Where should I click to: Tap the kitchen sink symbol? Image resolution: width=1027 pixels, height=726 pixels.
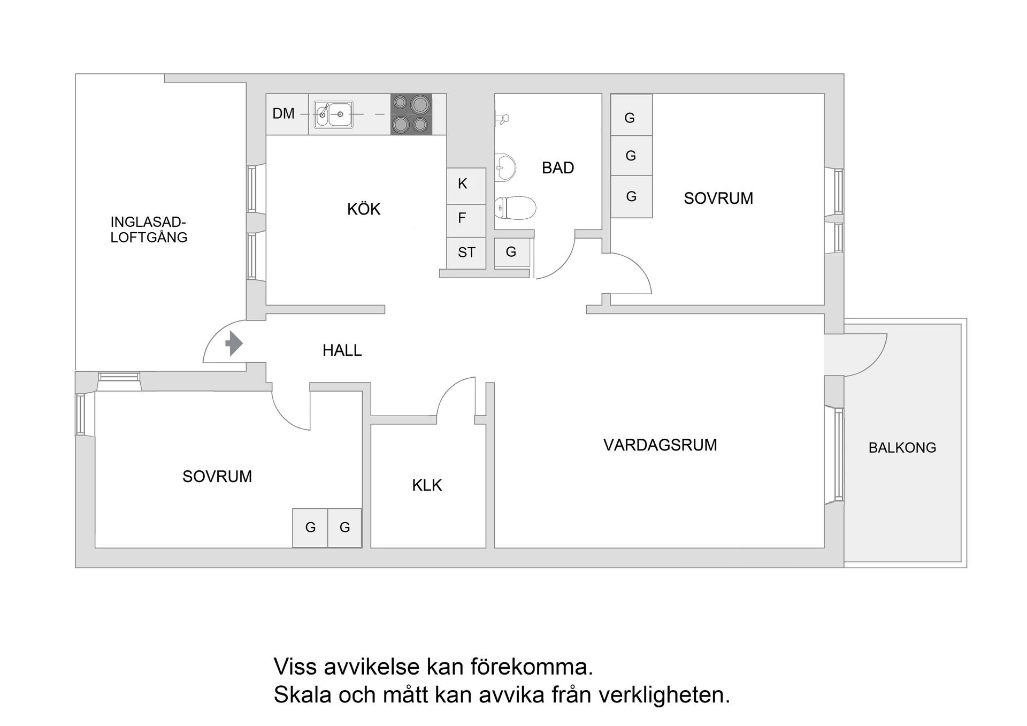[333, 114]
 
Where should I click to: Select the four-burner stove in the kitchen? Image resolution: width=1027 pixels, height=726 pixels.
[411, 114]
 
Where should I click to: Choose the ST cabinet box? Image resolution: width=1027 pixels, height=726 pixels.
[466, 253]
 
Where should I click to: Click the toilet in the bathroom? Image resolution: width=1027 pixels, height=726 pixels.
[515, 208]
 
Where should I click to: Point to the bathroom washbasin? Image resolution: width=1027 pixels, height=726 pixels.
[504, 167]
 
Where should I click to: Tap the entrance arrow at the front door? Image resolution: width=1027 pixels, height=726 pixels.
[234, 343]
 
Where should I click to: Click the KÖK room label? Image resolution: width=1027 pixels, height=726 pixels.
[364, 209]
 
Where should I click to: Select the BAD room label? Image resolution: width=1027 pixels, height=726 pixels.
[558, 168]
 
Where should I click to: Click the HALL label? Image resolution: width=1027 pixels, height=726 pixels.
[342, 350]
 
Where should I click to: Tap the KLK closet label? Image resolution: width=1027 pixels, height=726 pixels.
[427, 485]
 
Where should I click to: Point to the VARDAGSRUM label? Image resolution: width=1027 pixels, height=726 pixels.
[660, 445]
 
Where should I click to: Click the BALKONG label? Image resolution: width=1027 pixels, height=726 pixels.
[902, 448]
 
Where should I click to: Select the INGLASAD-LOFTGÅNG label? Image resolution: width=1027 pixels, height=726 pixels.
[149, 230]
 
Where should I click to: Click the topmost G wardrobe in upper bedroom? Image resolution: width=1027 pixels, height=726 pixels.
[631, 116]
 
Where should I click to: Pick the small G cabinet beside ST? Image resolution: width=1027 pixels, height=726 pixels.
[512, 252]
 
